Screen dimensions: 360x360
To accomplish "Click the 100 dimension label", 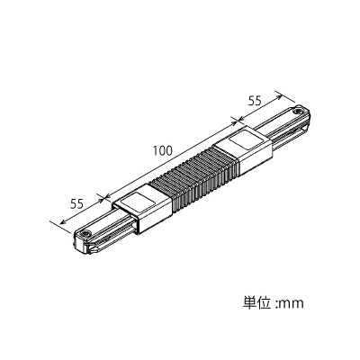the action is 163,150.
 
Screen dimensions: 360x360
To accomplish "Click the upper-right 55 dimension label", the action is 255,101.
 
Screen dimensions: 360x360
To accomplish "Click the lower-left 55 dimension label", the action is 76,204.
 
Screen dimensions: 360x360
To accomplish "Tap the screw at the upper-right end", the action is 297,112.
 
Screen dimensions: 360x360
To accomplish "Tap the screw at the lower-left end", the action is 86,234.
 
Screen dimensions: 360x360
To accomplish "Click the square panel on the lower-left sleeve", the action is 139,202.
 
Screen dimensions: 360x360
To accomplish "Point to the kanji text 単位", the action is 257,302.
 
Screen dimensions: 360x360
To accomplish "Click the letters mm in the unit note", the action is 292,304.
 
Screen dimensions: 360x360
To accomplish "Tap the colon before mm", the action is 276,304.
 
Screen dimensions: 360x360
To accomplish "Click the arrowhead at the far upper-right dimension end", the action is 279,97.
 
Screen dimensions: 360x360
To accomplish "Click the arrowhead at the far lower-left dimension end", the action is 63,221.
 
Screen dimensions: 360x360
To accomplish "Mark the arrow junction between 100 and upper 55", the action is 238,121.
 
